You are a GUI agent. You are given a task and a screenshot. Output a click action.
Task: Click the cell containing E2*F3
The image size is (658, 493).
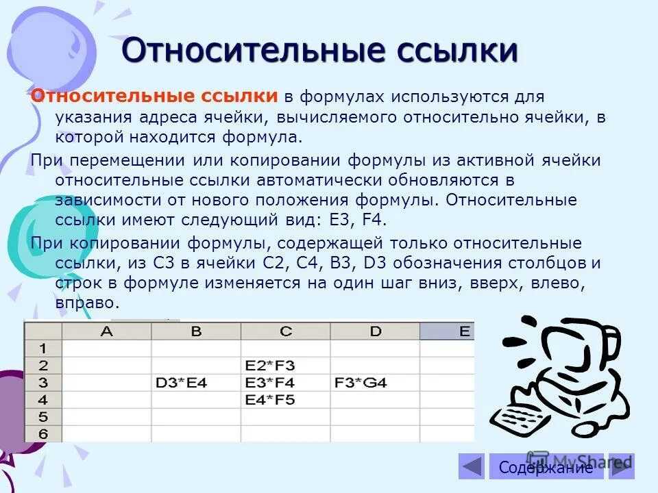pyautogui.click(x=285, y=366)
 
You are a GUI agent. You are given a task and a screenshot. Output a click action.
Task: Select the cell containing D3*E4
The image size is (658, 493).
pyautogui.click(x=196, y=383)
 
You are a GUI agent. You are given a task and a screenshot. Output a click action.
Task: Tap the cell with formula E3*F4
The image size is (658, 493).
pyautogui.click(x=285, y=383)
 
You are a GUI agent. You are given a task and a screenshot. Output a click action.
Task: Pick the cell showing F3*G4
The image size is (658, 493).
pyautogui.click(x=374, y=383)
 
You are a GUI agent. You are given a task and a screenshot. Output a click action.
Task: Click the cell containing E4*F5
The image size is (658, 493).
pyautogui.click(x=285, y=400)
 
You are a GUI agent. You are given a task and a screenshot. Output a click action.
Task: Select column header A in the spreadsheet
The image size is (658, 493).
pyautogui.click(x=106, y=331)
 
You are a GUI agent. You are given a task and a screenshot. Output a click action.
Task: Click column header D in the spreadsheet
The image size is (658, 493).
pyautogui.click(x=374, y=331)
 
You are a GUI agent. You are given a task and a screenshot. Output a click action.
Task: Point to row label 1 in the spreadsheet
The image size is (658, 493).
pyautogui.click(x=42, y=349)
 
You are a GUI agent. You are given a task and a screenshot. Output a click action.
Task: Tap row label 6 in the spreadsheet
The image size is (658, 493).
pyautogui.click(x=42, y=433)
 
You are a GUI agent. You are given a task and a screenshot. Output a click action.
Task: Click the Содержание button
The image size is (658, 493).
pyautogui.click(x=546, y=468)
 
